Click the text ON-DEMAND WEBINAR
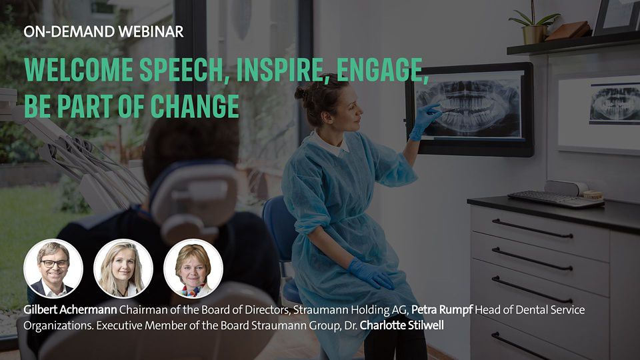(x=104, y=31)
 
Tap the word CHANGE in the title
(x=195, y=106)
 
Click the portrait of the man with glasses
(x=53, y=269)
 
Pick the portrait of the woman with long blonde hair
(x=123, y=269)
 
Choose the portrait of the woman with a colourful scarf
(x=193, y=269)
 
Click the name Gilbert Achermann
(x=70, y=310)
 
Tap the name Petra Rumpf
(x=441, y=310)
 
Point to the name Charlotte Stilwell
(x=401, y=325)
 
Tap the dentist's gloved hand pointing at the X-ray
(x=425, y=121)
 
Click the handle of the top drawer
(x=532, y=229)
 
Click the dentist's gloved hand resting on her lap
(x=370, y=273)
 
